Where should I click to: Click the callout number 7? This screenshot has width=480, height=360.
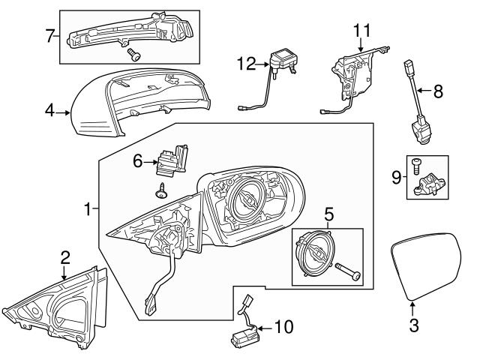[x=49, y=35]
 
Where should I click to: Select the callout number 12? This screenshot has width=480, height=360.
[x=245, y=65]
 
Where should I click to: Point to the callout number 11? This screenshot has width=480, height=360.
[x=362, y=31]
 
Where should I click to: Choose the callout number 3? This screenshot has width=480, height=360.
[x=412, y=326]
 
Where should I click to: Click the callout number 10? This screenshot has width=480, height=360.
[x=284, y=326]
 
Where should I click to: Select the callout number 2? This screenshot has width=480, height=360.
[x=65, y=257]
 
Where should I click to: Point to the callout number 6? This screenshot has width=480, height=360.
[x=136, y=160]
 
